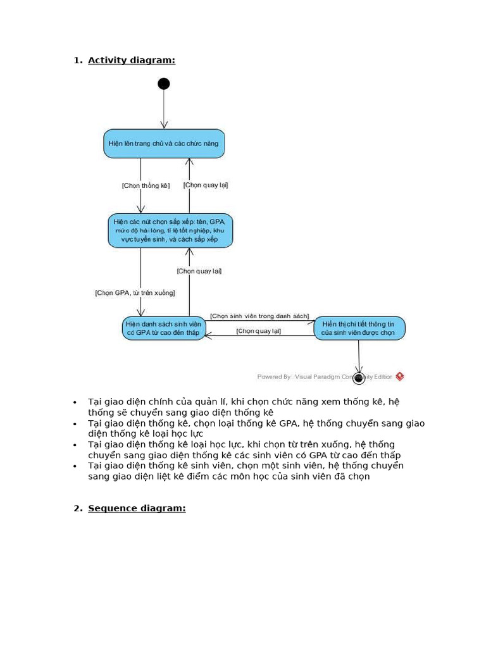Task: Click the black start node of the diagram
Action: pyautogui.click(x=164, y=84)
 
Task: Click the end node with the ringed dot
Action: pyautogui.click(x=359, y=378)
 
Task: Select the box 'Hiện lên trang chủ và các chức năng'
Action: pyautogui.click(x=164, y=144)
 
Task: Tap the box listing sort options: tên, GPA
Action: pyautogui.click(x=170, y=230)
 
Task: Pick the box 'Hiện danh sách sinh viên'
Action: pyautogui.click(x=164, y=328)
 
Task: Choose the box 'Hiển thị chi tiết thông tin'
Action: pyautogui.click(x=359, y=328)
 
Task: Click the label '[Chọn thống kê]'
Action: pyautogui.click(x=146, y=185)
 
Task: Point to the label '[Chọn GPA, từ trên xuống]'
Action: pyautogui.click(x=135, y=293)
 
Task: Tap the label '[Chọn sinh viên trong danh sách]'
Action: pyautogui.click(x=259, y=316)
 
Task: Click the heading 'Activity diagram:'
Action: pyautogui.click(x=132, y=60)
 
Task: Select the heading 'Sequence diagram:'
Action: pyautogui.click(x=137, y=508)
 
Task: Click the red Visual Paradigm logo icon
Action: pyautogui.click(x=399, y=377)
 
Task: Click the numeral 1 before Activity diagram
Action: pyautogui.click(x=77, y=60)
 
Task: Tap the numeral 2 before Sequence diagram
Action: pyautogui.click(x=77, y=508)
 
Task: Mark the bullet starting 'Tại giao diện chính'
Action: pyautogui.click(x=244, y=407)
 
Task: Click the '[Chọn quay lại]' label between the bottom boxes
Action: pyautogui.click(x=259, y=331)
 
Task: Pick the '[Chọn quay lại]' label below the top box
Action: pyautogui.click(x=206, y=185)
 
